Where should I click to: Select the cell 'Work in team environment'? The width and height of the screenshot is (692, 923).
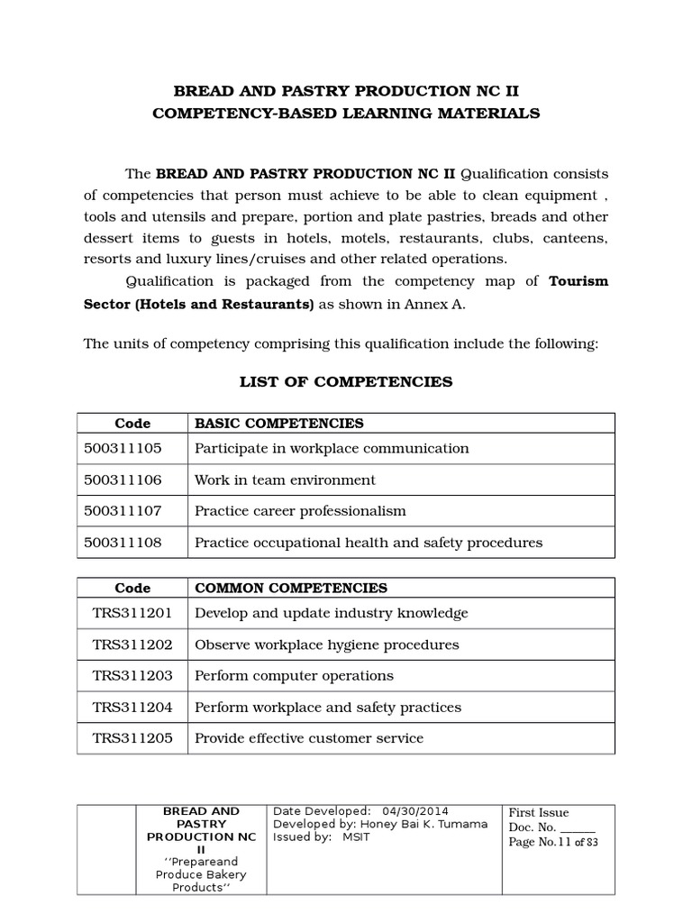(x=285, y=480)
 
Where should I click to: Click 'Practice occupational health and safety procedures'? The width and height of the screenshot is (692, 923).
(x=369, y=543)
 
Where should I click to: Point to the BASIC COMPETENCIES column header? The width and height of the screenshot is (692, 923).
(x=279, y=423)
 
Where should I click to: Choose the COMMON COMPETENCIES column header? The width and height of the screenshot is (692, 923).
(x=291, y=588)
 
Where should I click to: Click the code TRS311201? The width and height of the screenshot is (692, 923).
(x=132, y=613)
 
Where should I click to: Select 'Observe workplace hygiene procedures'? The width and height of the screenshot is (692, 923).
(x=326, y=644)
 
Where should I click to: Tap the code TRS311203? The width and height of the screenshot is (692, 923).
(x=132, y=676)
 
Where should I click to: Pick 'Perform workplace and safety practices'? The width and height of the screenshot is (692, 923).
(x=328, y=708)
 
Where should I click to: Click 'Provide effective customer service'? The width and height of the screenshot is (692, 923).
(x=309, y=738)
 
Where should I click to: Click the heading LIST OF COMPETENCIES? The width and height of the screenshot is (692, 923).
(x=346, y=382)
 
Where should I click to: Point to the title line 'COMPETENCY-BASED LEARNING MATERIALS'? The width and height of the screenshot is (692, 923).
(x=346, y=114)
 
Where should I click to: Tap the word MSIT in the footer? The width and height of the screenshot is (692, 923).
(x=356, y=836)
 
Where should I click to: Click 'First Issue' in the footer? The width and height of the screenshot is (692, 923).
(x=539, y=812)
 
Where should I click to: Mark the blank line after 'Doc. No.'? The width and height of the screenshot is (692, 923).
(x=578, y=827)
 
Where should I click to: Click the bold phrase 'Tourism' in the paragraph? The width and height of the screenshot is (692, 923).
(x=578, y=281)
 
